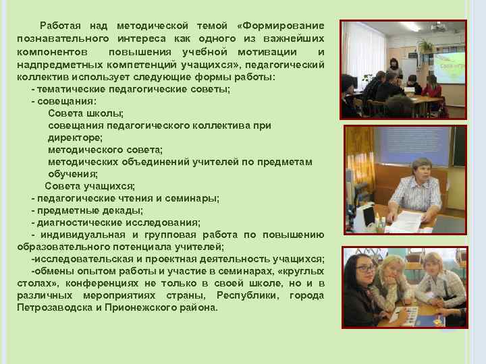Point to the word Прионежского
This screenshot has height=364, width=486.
tap(142, 307)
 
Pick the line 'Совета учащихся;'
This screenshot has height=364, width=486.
tap(90, 186)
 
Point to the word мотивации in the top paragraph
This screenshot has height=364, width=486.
tap(265, 53)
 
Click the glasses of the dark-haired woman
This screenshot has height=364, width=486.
tap(364, 269)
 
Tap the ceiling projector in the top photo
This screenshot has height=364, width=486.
tap(439, 28)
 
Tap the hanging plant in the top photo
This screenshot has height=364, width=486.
tap(425, 46)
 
